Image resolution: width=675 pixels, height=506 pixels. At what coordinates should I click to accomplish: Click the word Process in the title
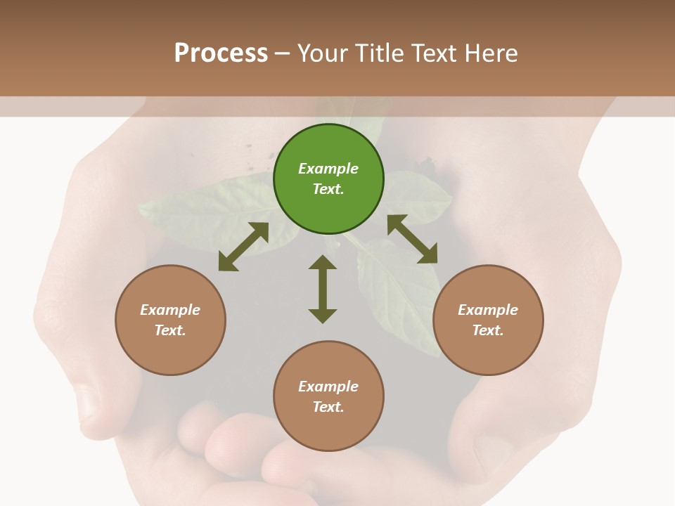[221, 53]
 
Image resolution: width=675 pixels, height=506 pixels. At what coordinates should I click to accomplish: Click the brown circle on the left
[170, 320]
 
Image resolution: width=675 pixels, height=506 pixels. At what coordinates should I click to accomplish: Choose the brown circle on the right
[488, 320]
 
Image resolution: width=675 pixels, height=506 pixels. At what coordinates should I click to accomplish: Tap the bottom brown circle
[328, 396]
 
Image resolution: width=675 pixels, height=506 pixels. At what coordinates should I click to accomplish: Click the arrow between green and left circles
[243, 247]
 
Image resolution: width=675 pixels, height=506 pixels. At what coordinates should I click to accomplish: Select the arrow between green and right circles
[413, 240]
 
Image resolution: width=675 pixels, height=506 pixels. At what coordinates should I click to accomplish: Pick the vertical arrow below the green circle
[323, 289]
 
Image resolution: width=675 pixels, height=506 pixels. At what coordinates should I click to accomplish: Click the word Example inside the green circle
[328, 169]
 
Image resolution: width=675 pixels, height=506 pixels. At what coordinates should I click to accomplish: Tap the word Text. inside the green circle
[328, 189]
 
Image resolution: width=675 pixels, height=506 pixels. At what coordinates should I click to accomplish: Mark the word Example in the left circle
[170, 310]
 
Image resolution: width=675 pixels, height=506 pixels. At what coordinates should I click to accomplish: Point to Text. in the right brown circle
[488, 330]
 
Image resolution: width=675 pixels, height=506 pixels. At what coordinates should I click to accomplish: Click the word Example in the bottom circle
[328, 387]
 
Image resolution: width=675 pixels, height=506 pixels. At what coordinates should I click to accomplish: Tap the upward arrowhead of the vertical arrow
[323, 263]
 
